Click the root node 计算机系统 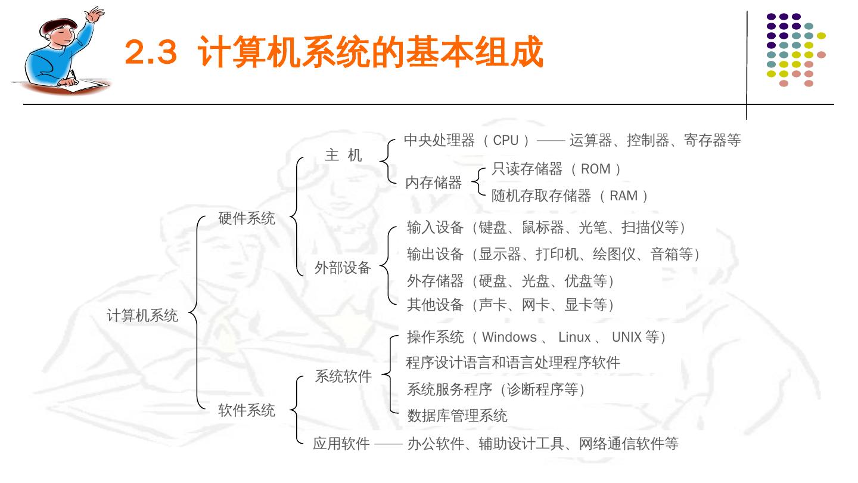pos(142,315)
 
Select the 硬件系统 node pos(247,219)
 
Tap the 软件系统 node pos(247,410)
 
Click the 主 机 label pos(343,156)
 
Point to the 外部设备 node pos(343,268)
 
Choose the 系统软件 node pos(343,376)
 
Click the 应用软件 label pos(341,444)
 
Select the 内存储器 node pos(433,182)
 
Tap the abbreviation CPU pos(506,141)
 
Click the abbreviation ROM pos(595,169)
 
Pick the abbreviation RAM pos(623,196)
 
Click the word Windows pos(509,337)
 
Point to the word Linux pos(574,337)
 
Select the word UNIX pos(627,337)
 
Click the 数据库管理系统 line pos(457,416)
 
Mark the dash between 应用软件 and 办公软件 pos(388,444)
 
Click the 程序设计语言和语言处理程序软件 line pos(513,363)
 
